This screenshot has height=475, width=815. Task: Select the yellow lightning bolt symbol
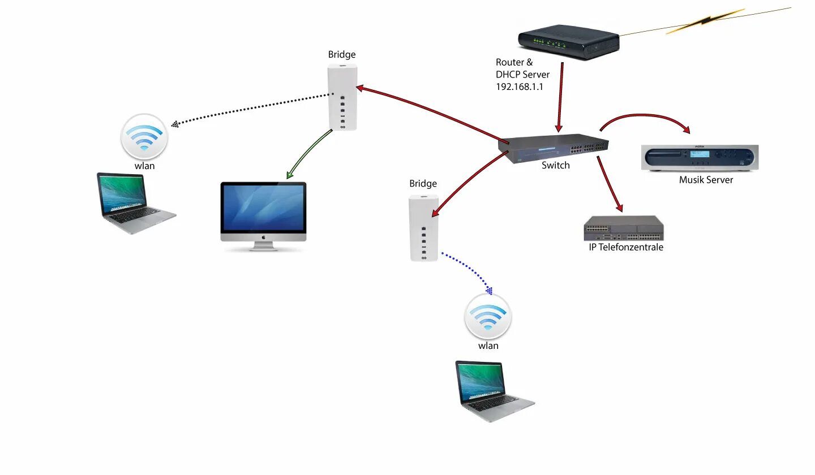704,21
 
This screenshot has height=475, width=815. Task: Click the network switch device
553,148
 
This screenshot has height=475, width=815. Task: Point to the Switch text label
555,166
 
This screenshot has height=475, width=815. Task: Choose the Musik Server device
700,158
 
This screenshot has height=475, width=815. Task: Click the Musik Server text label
706,180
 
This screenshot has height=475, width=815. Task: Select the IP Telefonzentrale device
623,228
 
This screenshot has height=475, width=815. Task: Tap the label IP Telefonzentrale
626,247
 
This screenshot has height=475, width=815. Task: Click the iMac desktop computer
263,215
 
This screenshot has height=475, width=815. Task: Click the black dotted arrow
255,109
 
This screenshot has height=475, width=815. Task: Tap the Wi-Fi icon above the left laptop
144,137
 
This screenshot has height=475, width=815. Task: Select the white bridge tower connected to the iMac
342,97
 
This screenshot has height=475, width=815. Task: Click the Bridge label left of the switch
423,184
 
